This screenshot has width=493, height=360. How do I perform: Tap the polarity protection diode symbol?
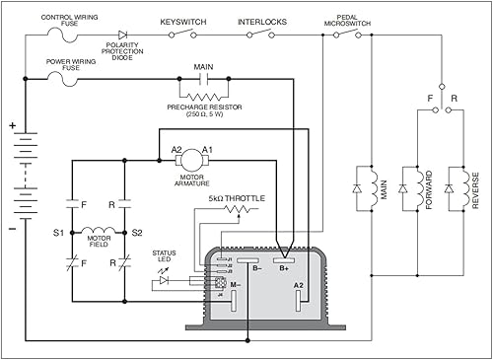point(121,35)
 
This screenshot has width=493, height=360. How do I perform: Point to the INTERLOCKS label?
point(261,21)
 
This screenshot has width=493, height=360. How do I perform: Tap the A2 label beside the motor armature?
point(177,150)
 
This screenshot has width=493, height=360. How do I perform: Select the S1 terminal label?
point(58,233)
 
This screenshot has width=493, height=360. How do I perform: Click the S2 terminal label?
point(137,233)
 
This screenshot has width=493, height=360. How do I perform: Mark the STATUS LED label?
point(164,258)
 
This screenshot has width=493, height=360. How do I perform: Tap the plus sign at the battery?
point(12,126)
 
